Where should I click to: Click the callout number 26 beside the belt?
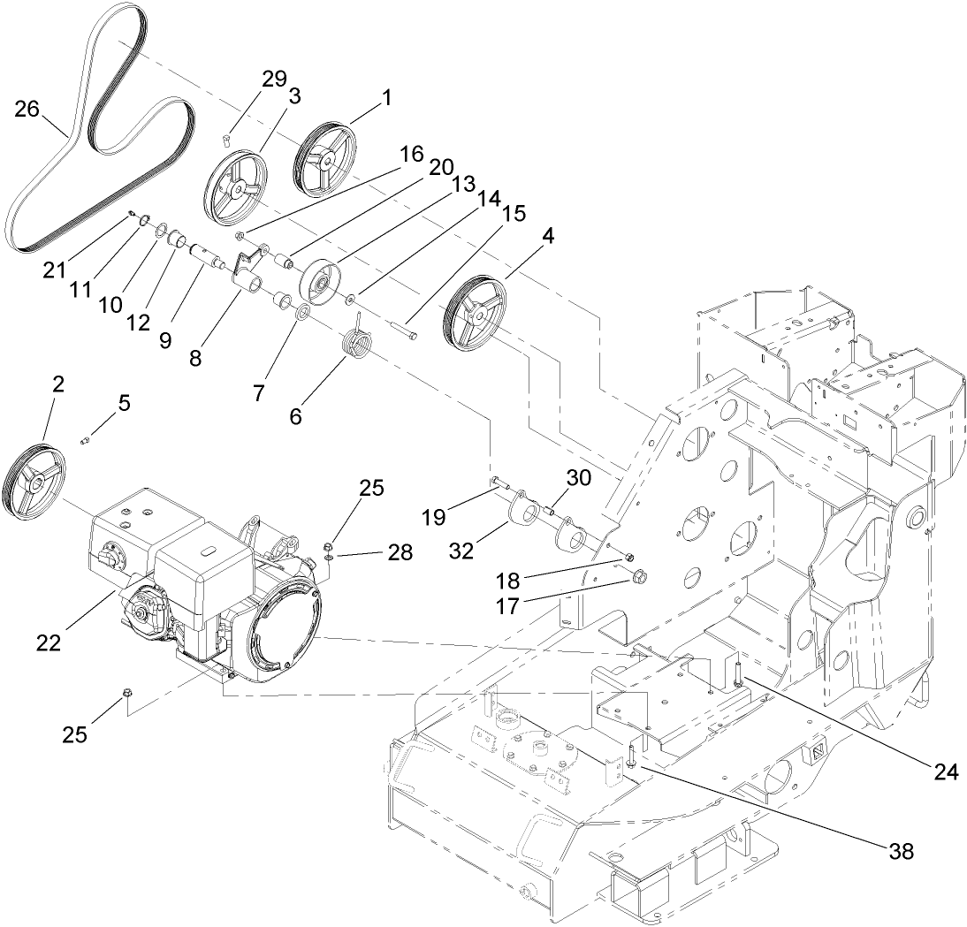[27, 109]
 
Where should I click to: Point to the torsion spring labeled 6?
[358, 343]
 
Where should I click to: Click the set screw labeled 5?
[87, 439]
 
